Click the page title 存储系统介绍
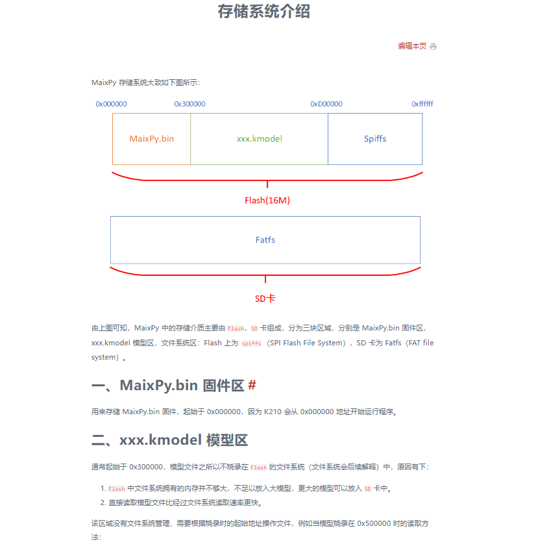click(264, 11)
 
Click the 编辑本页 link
click(412, 46)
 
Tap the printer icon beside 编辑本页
click(433, 47)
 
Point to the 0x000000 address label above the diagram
click(111, 104)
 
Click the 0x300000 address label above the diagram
click(189, 104)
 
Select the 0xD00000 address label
click(326, 104)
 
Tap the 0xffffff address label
click(422, 104)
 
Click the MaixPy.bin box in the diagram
click(152, 139)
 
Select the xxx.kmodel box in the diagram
click(259, 139)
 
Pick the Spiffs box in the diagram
click(375, 139)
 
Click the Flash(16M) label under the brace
click(267, 201)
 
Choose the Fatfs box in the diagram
click(265, 240)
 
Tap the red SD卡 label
click(265, 299)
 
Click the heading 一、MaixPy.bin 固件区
click(167, 385)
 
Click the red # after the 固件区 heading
click(252, 385)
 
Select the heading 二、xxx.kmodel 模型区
click(170, 440)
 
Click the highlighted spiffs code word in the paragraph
click(251, 343)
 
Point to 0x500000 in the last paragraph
click(373, 523)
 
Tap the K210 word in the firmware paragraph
click(274, 412)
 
